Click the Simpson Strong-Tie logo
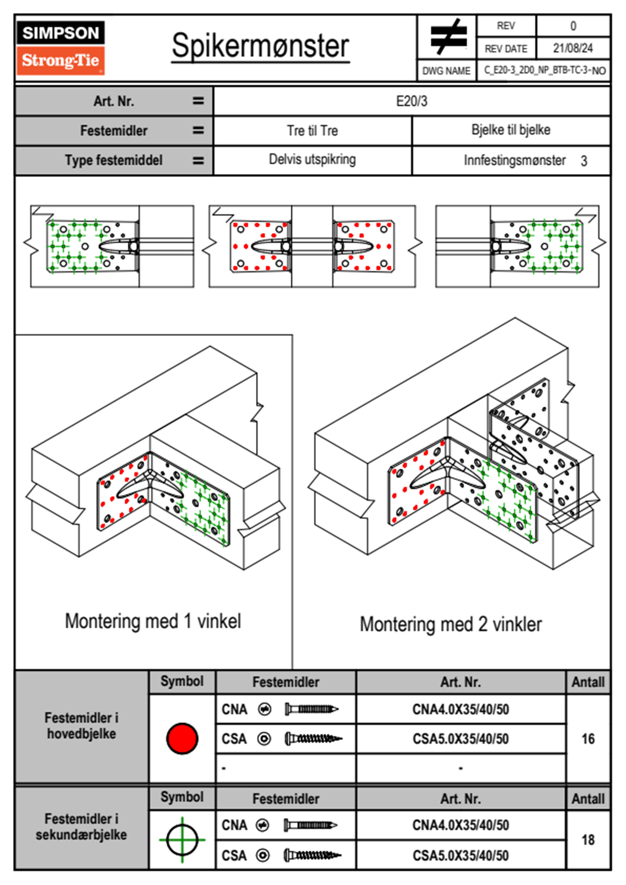click(60, 48)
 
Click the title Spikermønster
click(260, 46)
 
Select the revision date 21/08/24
click(573, 48)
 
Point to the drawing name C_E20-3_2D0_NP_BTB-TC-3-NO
click(544, 70)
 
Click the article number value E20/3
click(411, 101)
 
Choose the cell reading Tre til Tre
click(312, 130)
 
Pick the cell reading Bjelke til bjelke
click(511, 130)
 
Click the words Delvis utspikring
click(312, 159)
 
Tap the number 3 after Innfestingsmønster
click(584, 161)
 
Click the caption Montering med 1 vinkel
click(153, 621)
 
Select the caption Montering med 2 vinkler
click(451, 625)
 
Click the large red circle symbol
click(182, 738)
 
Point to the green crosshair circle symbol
click(182, 840)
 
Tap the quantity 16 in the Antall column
click(588, 739)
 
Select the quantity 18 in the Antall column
click(588, 840)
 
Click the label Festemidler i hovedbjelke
click(82, 726)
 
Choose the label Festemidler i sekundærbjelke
click(82, 827)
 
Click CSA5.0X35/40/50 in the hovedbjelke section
click(461, 739)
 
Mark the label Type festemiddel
click(114, 160)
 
